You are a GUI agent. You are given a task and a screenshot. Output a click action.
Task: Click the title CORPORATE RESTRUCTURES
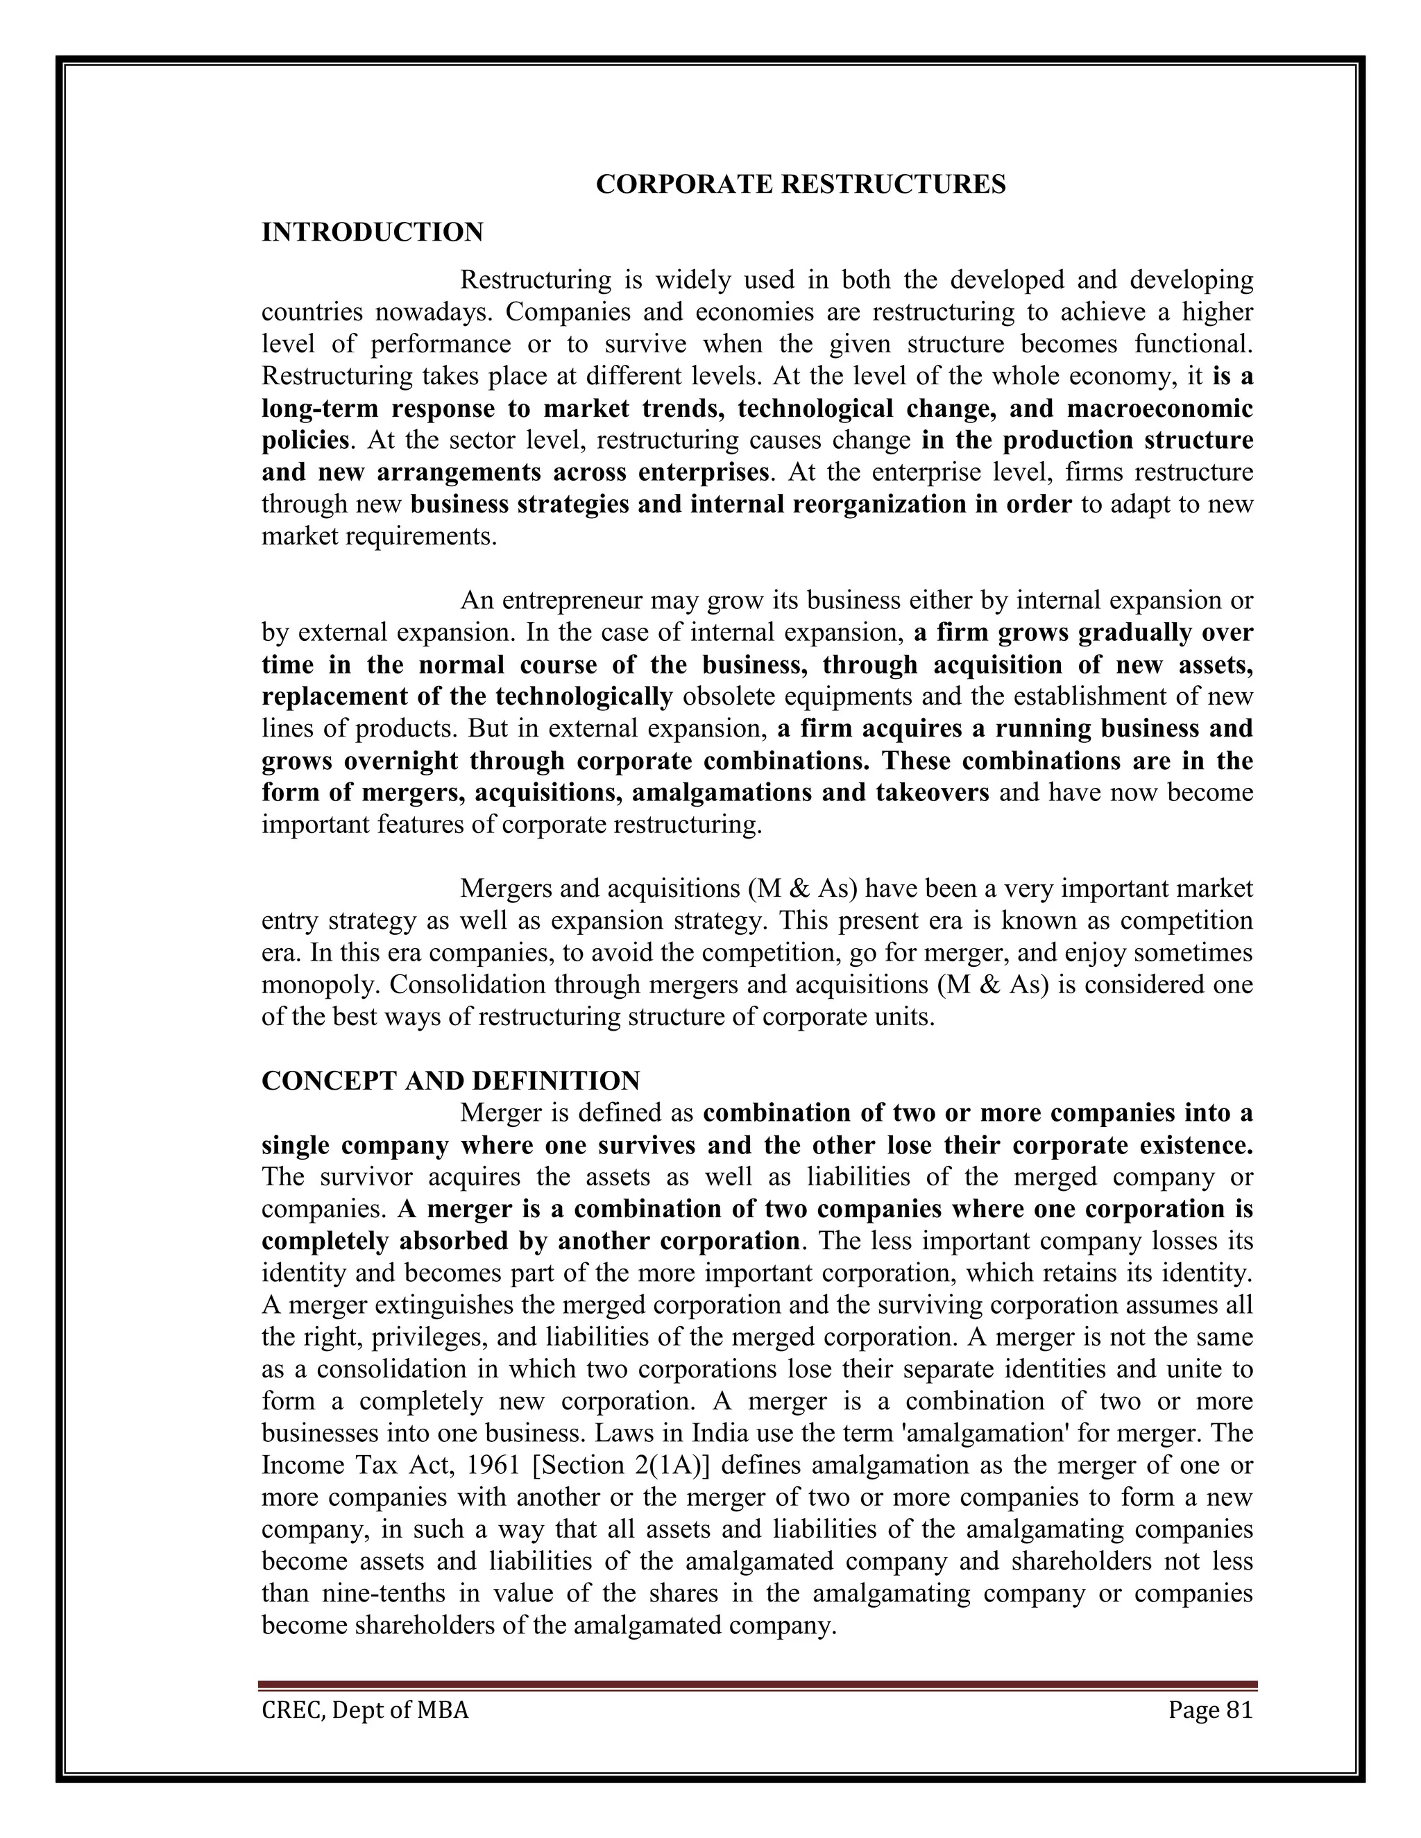point(800,184)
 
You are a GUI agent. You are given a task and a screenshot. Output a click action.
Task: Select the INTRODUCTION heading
point(372,232)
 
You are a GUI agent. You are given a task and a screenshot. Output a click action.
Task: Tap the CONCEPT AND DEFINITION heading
point(450,1081)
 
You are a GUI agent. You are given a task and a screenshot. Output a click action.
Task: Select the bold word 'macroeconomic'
point(1160,409)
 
